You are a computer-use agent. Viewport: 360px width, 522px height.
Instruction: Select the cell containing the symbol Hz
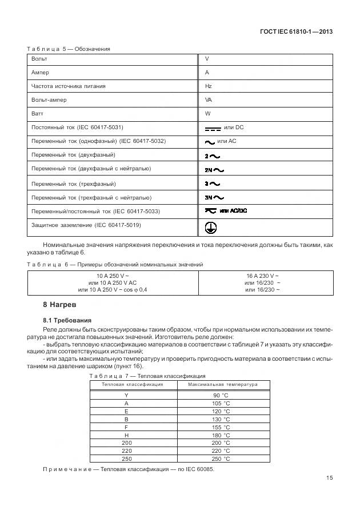point(209,86)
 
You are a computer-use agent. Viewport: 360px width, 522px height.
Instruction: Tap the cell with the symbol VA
point(209,100)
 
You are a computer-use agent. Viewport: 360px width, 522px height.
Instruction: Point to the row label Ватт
point(38,114)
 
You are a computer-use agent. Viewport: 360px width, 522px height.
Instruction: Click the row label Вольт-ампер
point(49,100)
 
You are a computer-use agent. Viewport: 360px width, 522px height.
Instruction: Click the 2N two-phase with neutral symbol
point(214,170)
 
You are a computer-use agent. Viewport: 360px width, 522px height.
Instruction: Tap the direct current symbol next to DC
point(213,129)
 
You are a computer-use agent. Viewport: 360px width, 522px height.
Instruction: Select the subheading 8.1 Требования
point(67,320)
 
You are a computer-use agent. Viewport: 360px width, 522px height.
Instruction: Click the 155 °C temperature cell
point(221,427)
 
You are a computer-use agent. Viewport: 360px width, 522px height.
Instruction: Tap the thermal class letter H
point(126,435)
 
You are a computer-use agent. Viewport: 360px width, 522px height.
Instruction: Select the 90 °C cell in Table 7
point(221,396)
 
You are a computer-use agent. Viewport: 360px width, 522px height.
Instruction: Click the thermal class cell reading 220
point(127,451)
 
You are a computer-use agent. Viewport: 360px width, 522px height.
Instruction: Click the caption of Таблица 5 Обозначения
point(69,49)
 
